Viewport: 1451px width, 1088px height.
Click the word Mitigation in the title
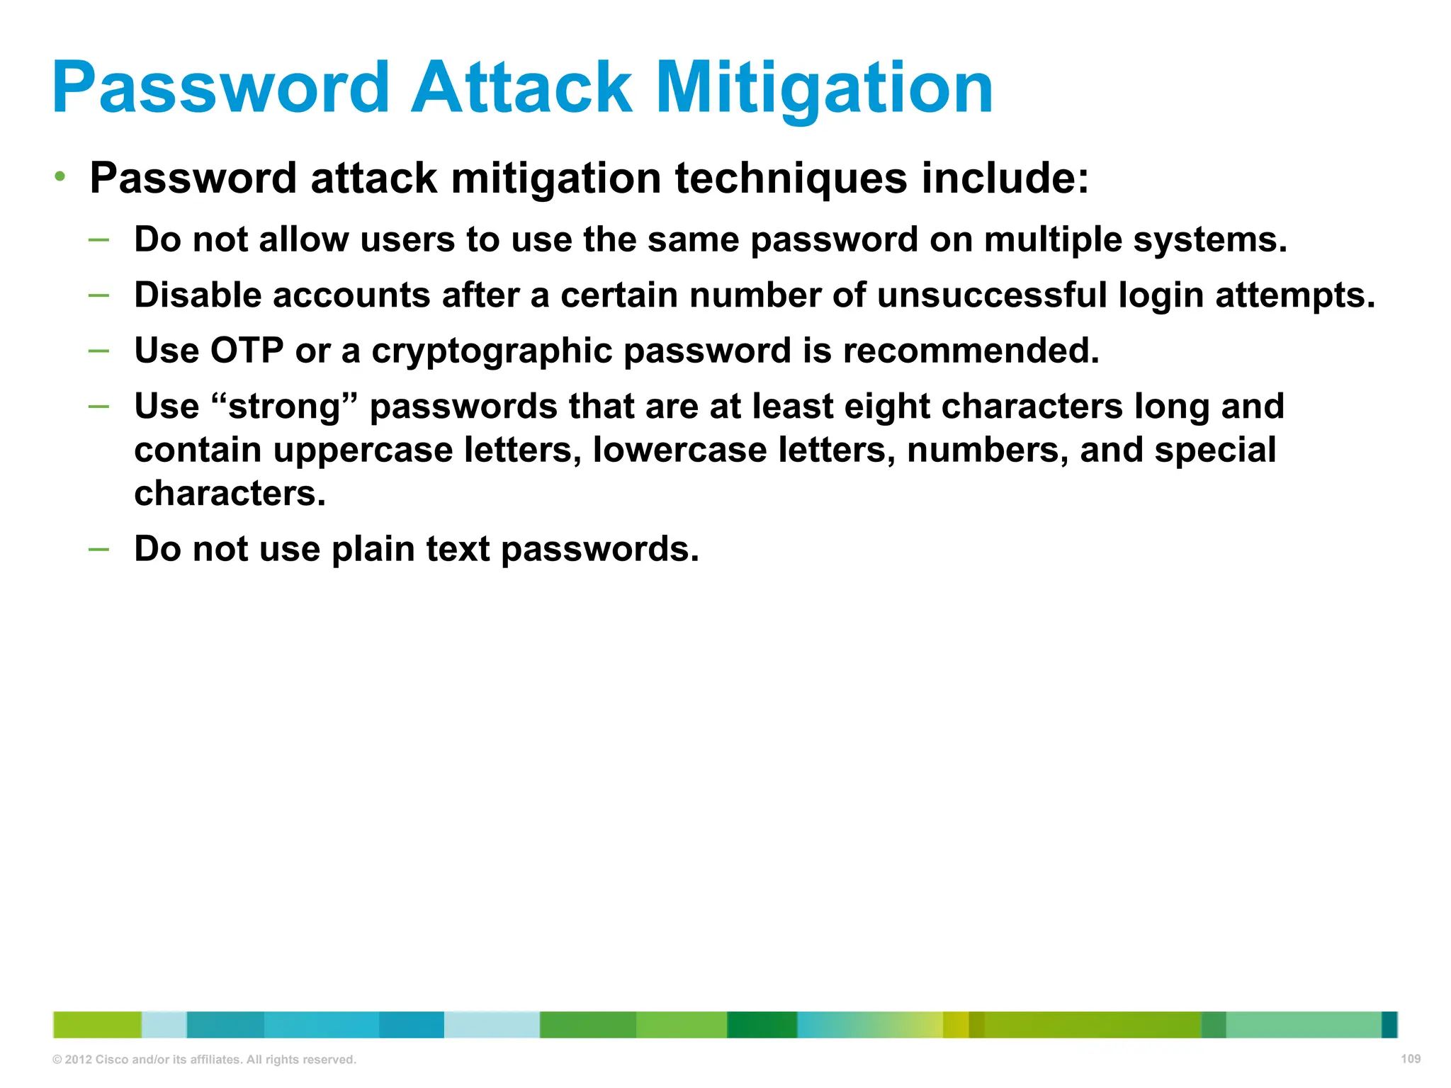click(x=824, y=88)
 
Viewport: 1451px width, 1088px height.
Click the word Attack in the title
click(x=521, y=88)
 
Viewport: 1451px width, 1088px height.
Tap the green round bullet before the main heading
click(x=61, y=176)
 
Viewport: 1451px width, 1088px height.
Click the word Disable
click(x=198, y=295)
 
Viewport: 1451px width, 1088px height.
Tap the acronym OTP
click(x=247, y=351)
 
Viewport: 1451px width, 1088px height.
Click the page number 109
click(x=1410, y=1059)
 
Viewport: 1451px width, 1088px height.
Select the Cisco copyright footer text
click(x=204, y=1060)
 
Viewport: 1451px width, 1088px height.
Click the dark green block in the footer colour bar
click(x=762, y=1025)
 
